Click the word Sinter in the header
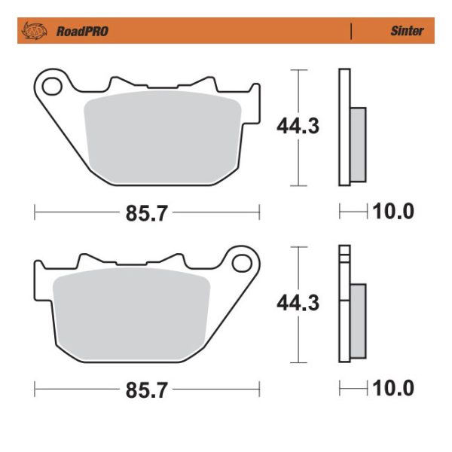tap(406, 32)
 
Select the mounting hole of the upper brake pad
tap(53, 86)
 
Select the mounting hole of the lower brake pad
tap(241, 263)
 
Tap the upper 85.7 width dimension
tap(145, 213)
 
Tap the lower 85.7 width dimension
tap(145, 390)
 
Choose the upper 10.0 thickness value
tap(393, 212)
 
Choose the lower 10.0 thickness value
tap(393, 389)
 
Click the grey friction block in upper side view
tap(358, 145)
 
